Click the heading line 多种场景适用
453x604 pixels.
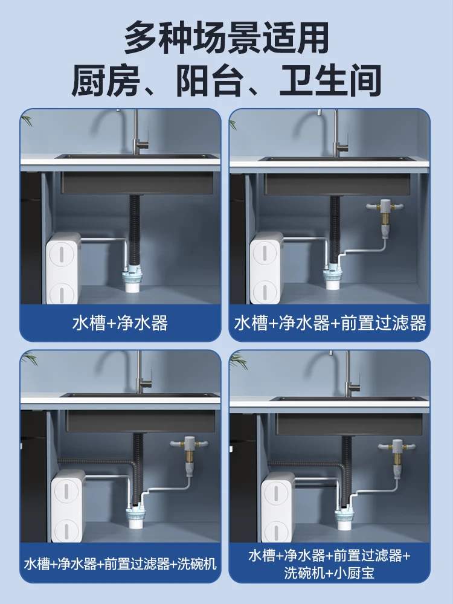(x=226, y=37)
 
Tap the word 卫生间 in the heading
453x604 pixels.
(x=330, y=81)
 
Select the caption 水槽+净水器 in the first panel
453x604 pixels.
(x=120, y=323)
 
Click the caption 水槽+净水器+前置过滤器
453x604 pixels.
(x=330, y=323)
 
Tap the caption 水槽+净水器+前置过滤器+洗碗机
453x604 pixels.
(x=120, y=564)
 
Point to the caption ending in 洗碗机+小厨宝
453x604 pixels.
(x=329, y=564)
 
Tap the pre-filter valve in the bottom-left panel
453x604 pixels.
(x=189, y=455)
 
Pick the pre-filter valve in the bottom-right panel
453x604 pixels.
(x=397, y=457)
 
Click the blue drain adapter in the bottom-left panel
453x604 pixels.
(x=137, y=514)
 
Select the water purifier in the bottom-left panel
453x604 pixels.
(x=68, y=506)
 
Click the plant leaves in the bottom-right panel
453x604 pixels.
(x=237, y=361)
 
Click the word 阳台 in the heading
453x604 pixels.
(x=210, y=81)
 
